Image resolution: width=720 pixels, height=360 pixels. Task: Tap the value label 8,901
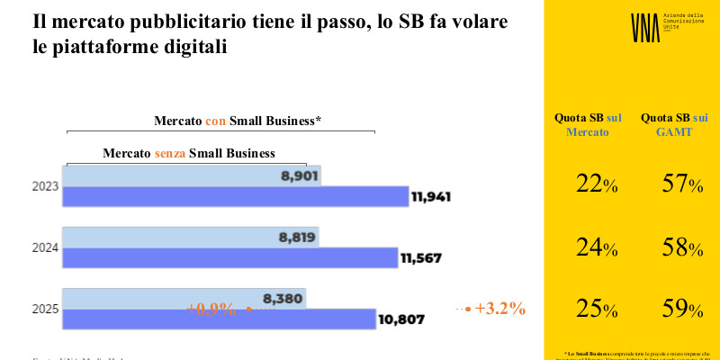[x=300, y=175]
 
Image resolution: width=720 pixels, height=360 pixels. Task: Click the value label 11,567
[x=425, y=258]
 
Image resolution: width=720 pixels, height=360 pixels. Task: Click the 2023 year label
[x=45, y=187]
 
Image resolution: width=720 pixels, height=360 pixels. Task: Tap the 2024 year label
[x=45, y=248]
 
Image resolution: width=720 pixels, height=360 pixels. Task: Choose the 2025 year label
[x=45, y=310]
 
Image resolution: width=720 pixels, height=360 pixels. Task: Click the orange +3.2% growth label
[x=499, y=309]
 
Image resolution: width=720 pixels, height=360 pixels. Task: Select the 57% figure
[x=681, y=185]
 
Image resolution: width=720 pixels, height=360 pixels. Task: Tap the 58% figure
[x=681, y=247]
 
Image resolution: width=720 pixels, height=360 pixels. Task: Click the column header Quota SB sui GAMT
[x=674, y=124]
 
